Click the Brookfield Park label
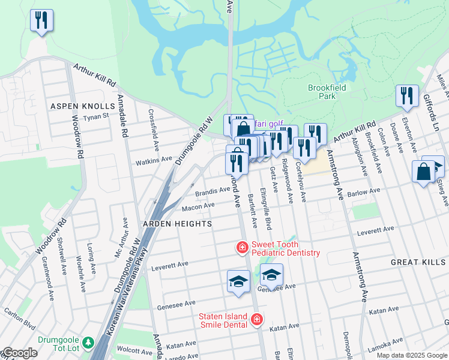(x=327, y=92)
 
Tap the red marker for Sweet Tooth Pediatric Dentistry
(x=242, y=247)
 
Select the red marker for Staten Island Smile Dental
(x=257, y=319)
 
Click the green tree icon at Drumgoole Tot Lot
(x=89, y=343)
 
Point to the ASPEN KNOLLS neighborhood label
(x=82, y=106)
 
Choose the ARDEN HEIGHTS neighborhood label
(x=177, y=224)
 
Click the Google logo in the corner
(x=19, y=353)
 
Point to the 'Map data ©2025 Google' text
(x=412, y=356)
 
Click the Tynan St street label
(x=95, y=117)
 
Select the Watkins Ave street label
(x=154, y=161)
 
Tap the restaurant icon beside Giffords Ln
(x=407, y=96)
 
